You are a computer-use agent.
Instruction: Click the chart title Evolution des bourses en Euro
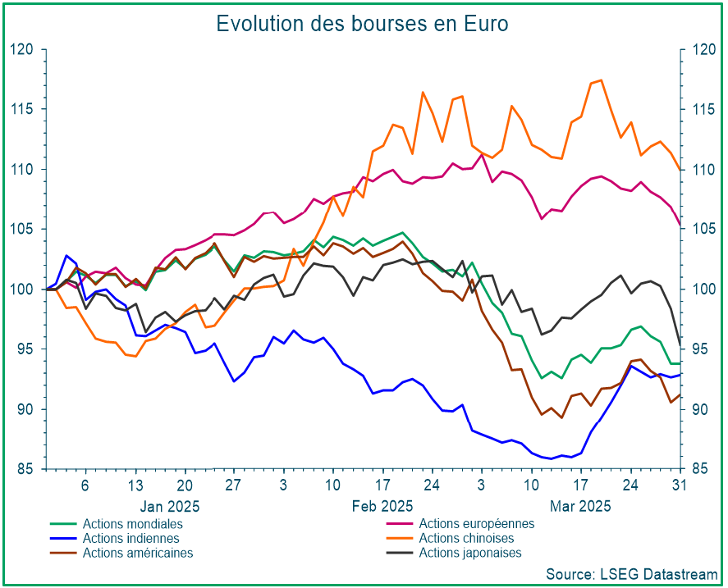pos(362,24)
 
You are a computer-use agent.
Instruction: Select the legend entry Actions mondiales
pos(132,524)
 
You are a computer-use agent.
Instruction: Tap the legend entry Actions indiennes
pos(130,539)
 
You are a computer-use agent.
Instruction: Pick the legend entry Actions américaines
pos(138,553)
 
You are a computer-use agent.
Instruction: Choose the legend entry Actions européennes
pos(476,524)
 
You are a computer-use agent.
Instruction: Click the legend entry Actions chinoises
pos(466,539)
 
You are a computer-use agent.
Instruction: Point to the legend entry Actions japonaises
pos(469,553)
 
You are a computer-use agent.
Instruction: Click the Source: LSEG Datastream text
pos(631,573)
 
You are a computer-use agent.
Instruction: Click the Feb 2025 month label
pos(382,506)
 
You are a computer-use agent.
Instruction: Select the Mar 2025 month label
pos(580,506)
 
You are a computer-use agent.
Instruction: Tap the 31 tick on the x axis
pos(680,484)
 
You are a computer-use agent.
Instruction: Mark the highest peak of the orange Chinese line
pos(601,80)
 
